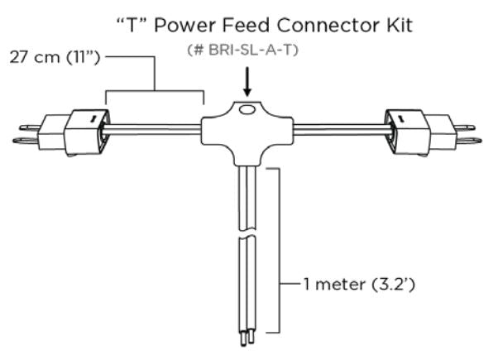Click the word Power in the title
point(199,26)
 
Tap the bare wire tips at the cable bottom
point(245,340)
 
